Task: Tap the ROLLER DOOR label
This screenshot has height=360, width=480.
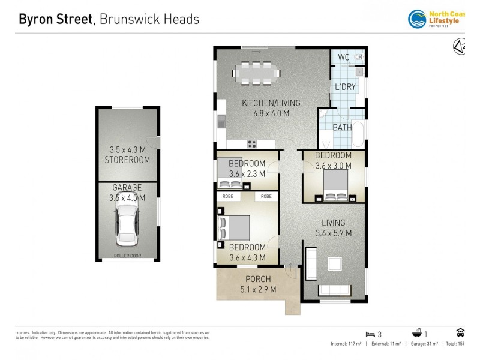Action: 127,256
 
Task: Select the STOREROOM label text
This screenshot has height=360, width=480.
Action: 127,160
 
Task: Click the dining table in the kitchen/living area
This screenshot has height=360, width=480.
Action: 256,74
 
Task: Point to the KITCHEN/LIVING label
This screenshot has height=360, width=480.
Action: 266,103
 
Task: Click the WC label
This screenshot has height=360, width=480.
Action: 343,57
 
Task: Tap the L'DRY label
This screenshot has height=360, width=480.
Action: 345,87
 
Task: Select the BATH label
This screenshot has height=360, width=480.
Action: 342,127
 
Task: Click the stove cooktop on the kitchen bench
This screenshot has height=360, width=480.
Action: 252,143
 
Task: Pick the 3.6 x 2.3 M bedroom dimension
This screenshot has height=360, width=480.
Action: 247,174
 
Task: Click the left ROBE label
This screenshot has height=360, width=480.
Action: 228,196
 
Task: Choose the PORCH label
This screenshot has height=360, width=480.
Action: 257,279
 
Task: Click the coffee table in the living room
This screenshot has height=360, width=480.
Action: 334,264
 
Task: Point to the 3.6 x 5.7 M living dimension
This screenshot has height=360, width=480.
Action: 333,233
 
